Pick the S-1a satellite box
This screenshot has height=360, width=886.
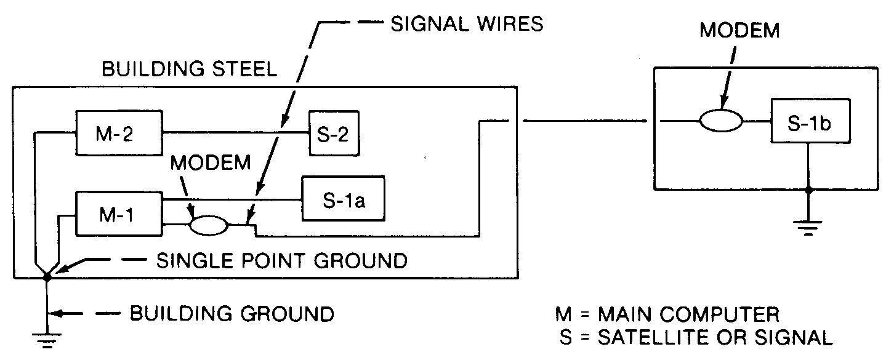342,199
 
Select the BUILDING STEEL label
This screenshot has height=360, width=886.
190,69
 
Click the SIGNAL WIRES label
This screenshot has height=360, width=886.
467,25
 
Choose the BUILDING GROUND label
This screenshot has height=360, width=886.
232,314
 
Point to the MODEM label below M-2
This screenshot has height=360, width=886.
211,163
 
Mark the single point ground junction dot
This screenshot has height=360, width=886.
47,278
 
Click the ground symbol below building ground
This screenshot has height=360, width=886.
47,338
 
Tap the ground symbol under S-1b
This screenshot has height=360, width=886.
810,228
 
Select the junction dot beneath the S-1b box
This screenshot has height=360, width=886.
810,190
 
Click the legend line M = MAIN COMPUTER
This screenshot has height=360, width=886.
667,315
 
